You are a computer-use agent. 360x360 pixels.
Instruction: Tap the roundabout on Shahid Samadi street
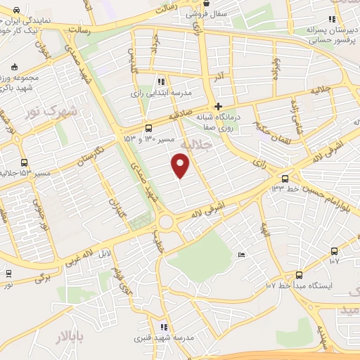click(167, 223)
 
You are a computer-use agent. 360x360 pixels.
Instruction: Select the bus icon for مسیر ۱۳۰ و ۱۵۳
click(148, 128)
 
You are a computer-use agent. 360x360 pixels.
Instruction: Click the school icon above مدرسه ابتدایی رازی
click(162, 82)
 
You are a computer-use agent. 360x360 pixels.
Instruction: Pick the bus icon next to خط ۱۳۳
click(285, 179)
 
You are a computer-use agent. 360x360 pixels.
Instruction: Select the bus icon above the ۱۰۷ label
click(333, 250)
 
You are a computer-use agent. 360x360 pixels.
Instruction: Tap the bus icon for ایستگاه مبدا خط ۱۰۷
click(299, 275)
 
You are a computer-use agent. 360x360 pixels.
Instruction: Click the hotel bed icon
click(242, 255)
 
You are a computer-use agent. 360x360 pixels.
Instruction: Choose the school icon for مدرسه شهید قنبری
click(164, 327)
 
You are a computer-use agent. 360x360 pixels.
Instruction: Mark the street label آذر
click(220, 74)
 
